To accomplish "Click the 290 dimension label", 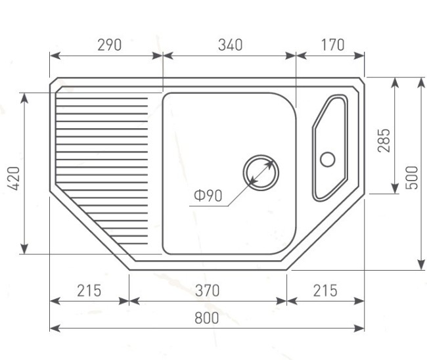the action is coord(110,45).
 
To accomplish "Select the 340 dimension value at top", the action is coord(230,45).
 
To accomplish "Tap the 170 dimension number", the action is coord(333,45).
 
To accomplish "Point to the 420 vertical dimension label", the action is coord(14,179).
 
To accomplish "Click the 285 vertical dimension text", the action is coord(384,140).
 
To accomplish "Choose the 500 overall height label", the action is coord(411,177).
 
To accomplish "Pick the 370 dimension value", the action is coord(207,290).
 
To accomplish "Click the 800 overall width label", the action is coord(207,318).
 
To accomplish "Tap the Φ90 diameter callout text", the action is coord(208,196).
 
